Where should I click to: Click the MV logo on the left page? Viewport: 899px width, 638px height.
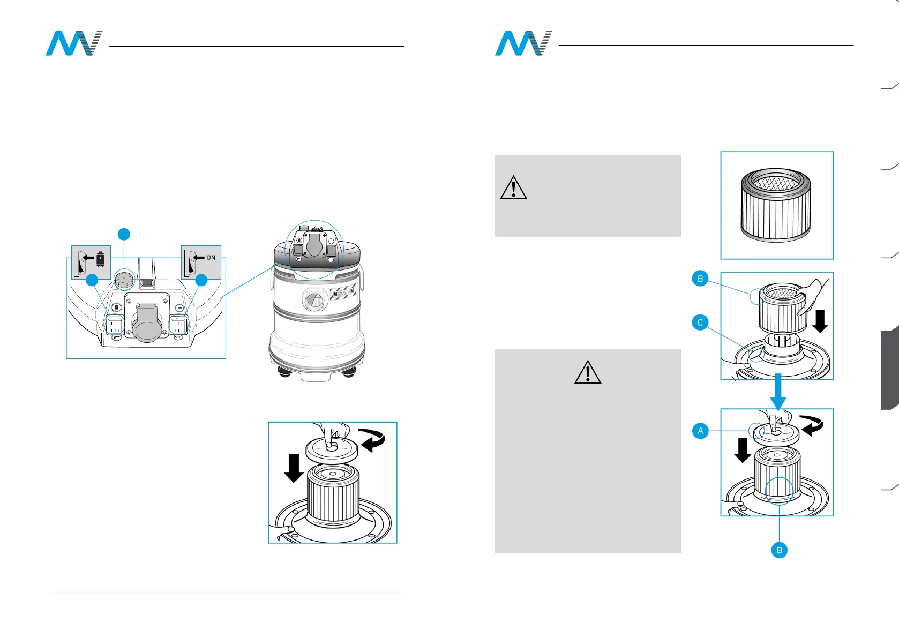click(74, 43)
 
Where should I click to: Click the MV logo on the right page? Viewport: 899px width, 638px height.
click(523, 43)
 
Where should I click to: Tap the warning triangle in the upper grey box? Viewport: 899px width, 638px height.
click(513, 187)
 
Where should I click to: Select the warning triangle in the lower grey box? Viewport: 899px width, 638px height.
click(587, 372)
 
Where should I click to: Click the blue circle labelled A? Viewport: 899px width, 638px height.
click(700, 431)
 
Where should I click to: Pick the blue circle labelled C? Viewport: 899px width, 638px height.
click(700, 322)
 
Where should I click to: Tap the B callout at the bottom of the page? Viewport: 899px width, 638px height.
click(779, 550)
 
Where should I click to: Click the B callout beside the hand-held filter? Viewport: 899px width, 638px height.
click(700, 279)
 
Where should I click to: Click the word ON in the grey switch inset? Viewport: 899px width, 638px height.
click(211, 258)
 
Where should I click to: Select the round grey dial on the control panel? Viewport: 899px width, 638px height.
click(125, 280)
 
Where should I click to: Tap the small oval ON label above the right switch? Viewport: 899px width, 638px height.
click(179, 308)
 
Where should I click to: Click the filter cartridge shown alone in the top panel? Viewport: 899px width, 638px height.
click(775, 206)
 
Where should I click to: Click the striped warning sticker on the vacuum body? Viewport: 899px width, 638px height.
click(343, 294)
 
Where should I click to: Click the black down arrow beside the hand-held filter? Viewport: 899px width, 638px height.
click(820, 321)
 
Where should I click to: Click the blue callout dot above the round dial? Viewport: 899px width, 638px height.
click(124, 234)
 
